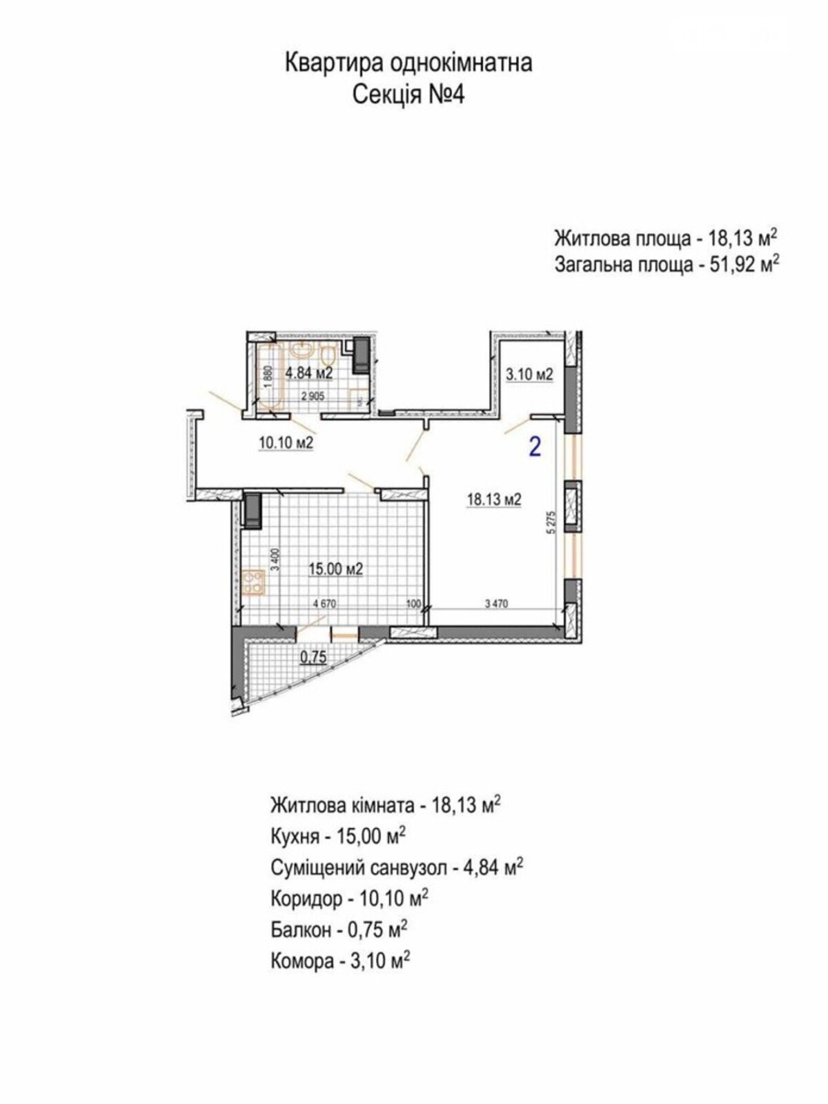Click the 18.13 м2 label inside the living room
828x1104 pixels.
click(x=493, y=500)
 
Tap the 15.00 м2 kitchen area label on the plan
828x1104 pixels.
click(x=336, y=569)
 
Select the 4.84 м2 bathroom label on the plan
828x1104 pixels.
click(x=309, y=373)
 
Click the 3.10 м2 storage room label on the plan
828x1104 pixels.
click(x=529, y=375)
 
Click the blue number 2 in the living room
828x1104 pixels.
click(x=535, y=446)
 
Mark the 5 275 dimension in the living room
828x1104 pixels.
click(x=553, y=523)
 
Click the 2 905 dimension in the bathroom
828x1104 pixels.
click(x=313, y=396)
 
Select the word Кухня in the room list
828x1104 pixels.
click(x=295, y=836)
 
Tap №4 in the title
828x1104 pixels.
click(x=446, y=95)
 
